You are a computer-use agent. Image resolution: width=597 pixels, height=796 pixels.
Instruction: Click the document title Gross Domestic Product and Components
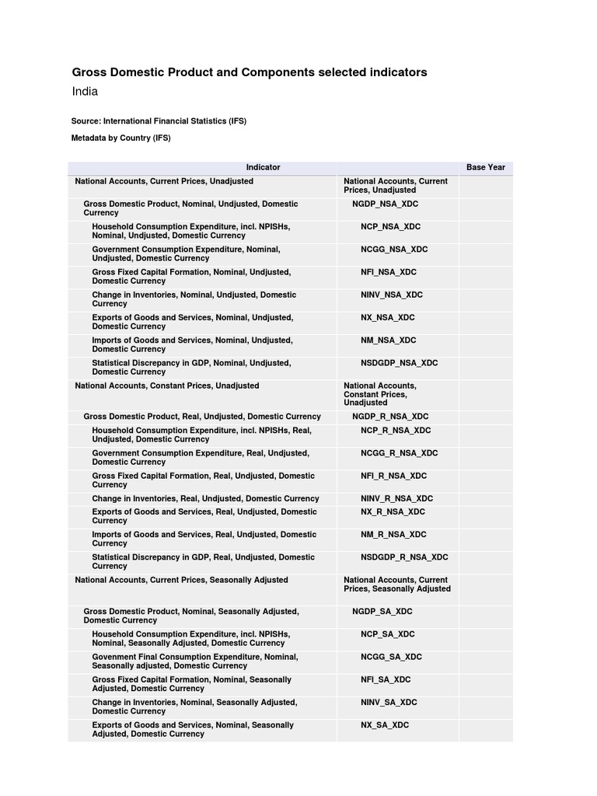[x=250, y=72]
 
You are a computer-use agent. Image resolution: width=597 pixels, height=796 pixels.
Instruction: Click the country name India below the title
[x=85, y=92]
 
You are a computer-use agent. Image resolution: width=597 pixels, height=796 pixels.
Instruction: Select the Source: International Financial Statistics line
[x=159, y=121]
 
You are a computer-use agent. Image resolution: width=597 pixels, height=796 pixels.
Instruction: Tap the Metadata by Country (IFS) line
[x=120, y=138]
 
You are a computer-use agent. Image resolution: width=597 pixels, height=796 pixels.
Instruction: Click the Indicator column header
[x=263, y=167]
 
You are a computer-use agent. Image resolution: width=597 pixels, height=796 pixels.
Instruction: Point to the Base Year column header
[x=485, y=167]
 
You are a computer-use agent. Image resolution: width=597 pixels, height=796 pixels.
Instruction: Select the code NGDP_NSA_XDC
[x=385, y=204]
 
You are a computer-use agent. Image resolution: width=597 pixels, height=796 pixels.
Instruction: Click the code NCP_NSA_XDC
[x=390, y=227]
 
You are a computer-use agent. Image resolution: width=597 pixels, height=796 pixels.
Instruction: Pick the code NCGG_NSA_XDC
[x=393, y=250]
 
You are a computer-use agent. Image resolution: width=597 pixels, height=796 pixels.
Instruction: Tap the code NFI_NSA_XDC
[x=388, y=272]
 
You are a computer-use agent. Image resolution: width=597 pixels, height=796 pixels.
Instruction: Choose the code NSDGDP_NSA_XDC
[x=399, y=363]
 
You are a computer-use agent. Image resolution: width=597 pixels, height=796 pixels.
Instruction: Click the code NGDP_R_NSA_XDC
[x=390, y=417]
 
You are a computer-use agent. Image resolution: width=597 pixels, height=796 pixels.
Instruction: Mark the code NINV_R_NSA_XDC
[x=396, y=499]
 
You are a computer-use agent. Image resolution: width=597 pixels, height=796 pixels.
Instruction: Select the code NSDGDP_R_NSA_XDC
[x=404, y=557]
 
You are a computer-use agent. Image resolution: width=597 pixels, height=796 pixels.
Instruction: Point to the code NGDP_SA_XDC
[x=382, y=612]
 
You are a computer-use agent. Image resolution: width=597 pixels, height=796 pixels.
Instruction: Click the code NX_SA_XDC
[x=384, y=725]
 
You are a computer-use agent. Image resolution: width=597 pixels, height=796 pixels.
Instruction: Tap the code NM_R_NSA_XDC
[x=393, y=535]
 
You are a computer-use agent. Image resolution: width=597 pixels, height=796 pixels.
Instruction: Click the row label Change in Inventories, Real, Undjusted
[x=205, y=499]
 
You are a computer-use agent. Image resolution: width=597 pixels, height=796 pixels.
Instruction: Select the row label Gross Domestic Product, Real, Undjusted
[x=202, y=417]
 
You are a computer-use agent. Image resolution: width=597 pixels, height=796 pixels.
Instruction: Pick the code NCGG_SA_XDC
[x=391, y=657]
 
